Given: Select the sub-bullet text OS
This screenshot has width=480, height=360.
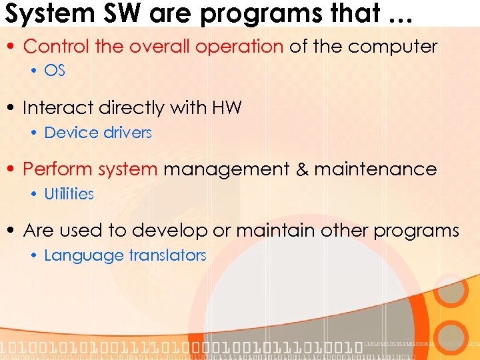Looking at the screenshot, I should coord(55,70).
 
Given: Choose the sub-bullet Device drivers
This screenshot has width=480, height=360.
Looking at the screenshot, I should coord(98,133).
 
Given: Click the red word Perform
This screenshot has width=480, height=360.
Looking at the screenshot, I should coord(58,169).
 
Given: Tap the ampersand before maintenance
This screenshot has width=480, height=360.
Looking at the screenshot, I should coord(303,169).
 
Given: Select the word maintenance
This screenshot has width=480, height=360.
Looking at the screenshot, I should coord(375,169).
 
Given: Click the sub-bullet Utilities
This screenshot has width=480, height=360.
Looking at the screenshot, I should coord(69,194).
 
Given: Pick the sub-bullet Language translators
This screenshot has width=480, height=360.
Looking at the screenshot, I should coord(125,255).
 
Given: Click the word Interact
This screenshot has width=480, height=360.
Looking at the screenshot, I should coord(59,107).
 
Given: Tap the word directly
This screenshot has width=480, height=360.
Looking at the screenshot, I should coord(130,108).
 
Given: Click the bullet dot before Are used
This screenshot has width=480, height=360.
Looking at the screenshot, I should coord(13,231).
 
